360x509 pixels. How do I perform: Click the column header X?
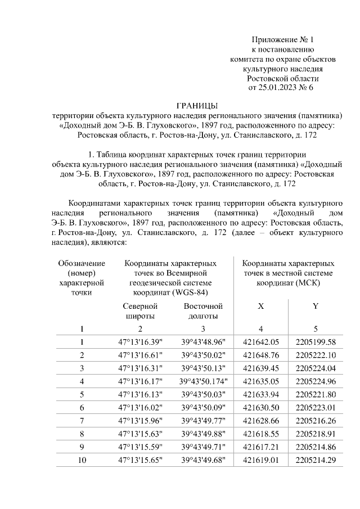pyautogui.click(x=260, y=307)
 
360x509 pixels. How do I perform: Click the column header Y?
pyautogui.click(x=315, y=307)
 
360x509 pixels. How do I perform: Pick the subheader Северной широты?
pyautogui.click(x=139, y=311)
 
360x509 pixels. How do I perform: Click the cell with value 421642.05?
pyautogui.click(x=260, y=342)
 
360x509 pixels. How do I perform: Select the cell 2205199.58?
pyautogui.click(x=315, y=342)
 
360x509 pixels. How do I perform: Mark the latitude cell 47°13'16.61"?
pyautogui.click(x=139, y=355)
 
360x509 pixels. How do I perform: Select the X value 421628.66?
pyautogui.click(x=260, y=420)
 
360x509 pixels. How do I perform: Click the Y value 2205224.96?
pyautogui.click(x=315, y=381)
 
